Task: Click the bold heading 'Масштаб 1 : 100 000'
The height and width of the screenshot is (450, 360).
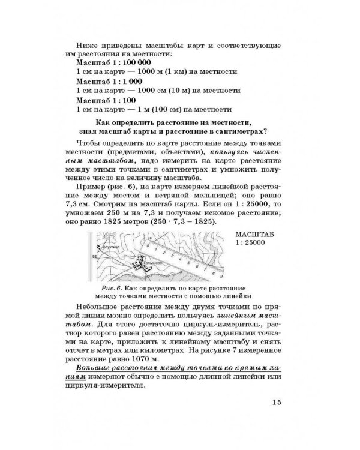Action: (113, 62)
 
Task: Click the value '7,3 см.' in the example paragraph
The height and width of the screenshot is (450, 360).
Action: (90, 204)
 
